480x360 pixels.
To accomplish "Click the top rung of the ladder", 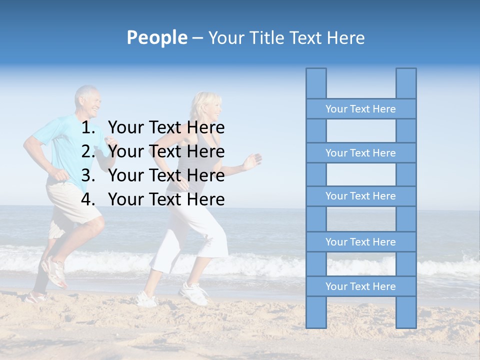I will click(360, 109).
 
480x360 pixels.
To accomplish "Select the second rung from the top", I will click(360, 153).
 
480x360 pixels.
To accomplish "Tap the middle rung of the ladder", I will click(360, 196).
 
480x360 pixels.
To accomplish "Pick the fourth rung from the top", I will click(360, 242).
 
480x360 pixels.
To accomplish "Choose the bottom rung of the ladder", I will click(360, 286).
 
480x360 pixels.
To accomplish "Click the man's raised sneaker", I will click(54, 271).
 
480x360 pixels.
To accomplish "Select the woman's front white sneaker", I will click(194, 293).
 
